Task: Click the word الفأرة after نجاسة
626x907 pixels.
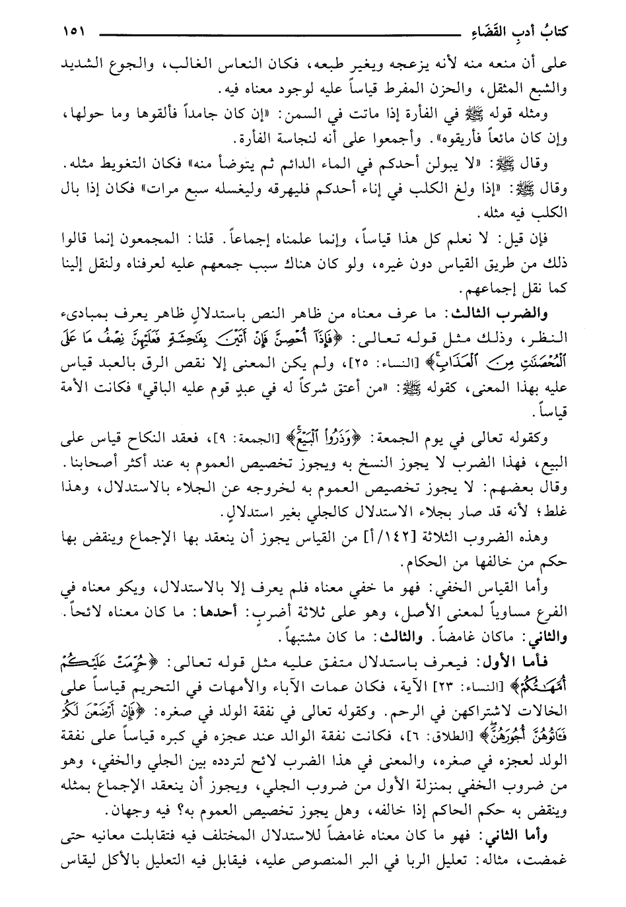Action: click(258, 141)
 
